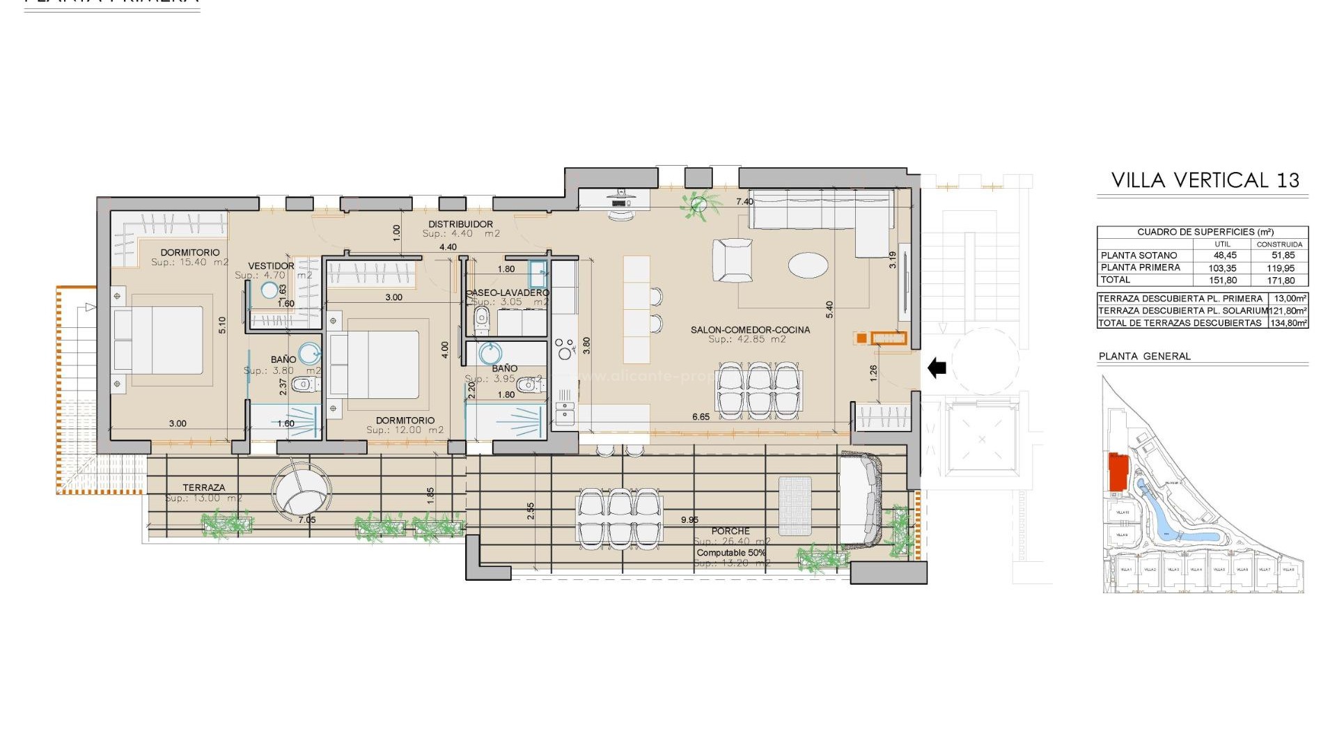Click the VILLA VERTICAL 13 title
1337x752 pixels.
click(1205, 180)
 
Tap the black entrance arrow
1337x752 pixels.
click(937, 367)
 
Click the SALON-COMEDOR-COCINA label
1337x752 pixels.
click(750, 330)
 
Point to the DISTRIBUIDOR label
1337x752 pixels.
click(460, 224)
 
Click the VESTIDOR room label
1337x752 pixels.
click(271, 266)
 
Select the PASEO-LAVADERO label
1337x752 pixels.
click(508, 293)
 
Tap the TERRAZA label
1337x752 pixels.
click(204, 488)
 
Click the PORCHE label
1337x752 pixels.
click(730, 531)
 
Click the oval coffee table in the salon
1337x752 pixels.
click(808, 265)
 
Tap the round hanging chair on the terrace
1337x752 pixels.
click(302, 491)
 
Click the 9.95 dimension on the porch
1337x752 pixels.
click(689, 520)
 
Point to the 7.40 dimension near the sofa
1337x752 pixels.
click(744, 202)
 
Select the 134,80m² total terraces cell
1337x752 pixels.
click(1288, 323)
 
